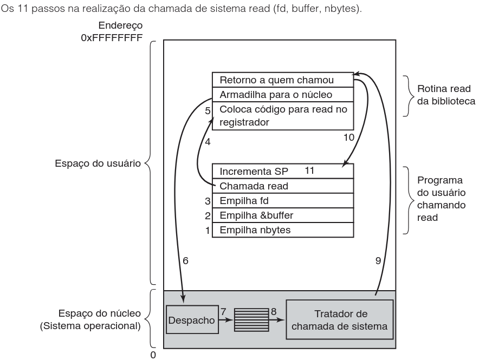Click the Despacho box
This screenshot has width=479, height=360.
pyautogui.click(x=191, y=320)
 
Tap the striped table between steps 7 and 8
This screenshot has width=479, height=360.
pyautogui.click(x=251, y=319)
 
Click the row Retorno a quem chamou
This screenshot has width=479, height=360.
pyautogui.click(x=282, y=80)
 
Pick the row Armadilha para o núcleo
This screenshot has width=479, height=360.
pyautogui.click(x=282, y=94)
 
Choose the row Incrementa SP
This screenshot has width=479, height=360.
pyautogui.click(x=282, y=172)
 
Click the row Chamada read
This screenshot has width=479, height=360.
pyautogui.click(x=282, y=186)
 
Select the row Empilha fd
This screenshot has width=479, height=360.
pyautogui.click(x=282, y=200)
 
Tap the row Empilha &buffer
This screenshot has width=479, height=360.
pyautogui.click(x=282, y=215)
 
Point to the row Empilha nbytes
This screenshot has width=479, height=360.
pyautogui.click(x=282, y=230)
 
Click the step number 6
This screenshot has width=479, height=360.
pyautogui.click(x=185, y=260)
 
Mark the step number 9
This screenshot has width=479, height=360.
pyautogui.click(x=378, y=260)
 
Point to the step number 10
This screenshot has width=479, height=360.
pyautogui.click(x=349, y=137)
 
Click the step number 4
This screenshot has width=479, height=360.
pyautogui.click(x=206, y=142)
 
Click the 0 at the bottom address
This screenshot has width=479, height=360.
pyautogui.click(x=153, y=355)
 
